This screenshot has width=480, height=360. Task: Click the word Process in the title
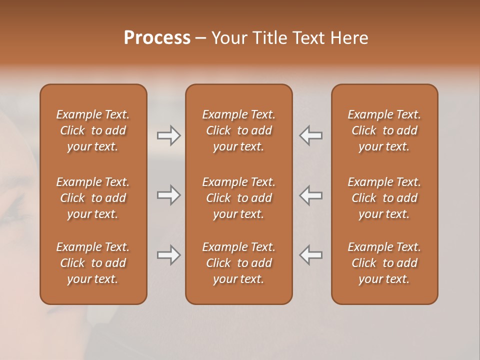coord(157,38)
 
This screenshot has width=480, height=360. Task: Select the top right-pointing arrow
coord(168,135)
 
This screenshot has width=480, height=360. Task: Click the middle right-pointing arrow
coord(168,195)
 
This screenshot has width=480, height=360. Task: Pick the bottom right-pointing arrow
coord(168,255)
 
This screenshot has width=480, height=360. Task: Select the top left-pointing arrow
coord(311,135)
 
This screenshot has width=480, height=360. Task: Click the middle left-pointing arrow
coord(311,195)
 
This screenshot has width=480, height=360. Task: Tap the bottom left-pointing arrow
coord(311,255)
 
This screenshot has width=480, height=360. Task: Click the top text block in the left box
coord(93,130)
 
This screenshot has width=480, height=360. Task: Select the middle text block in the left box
coord(93,198)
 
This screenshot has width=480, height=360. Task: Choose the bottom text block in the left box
coord(93,263)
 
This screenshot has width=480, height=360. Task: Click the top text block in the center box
coord(239,130)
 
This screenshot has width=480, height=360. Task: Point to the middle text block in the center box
coord(239,198)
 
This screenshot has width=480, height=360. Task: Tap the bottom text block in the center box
coord(239,263)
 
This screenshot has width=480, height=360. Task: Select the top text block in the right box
coord(384,130)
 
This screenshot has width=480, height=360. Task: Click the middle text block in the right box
coord(384,198)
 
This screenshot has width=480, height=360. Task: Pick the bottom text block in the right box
coord(384,263)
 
